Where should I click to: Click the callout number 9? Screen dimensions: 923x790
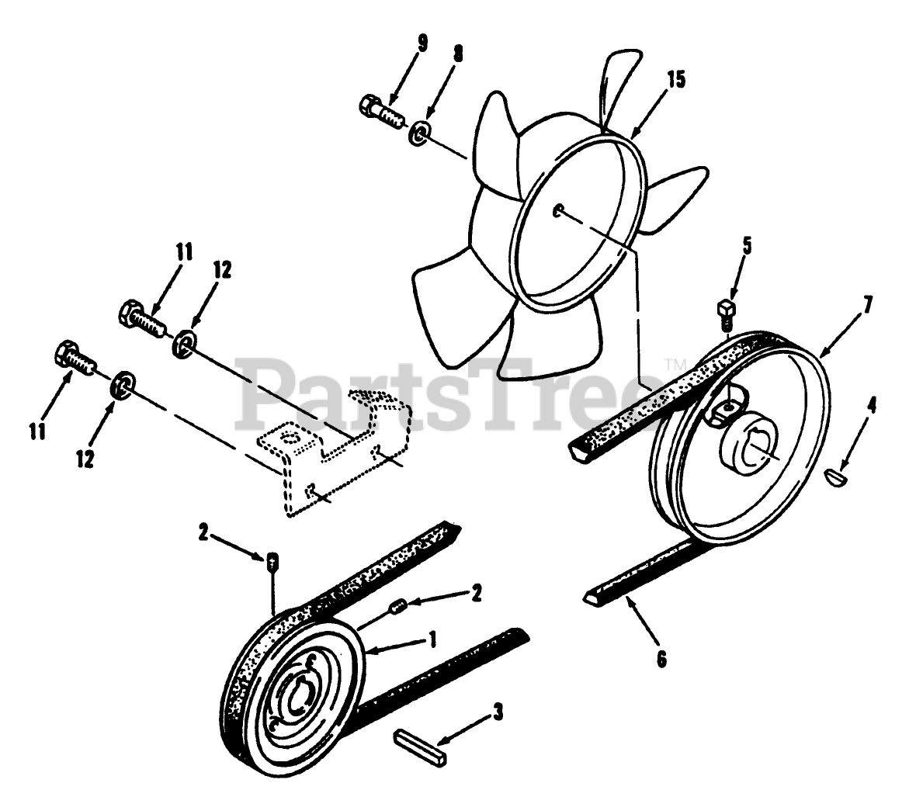coord(422,42)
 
